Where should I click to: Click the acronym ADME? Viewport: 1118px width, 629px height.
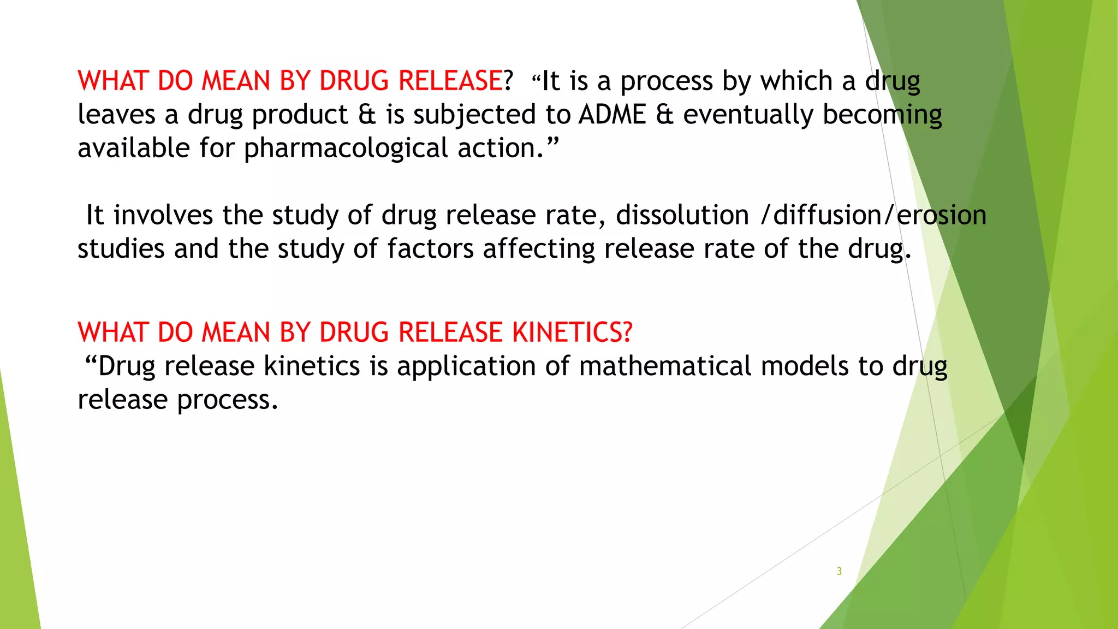[612, 115]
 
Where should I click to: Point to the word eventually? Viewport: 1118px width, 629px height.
[747, 115]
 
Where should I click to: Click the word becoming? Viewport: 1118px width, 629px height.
[882, 115]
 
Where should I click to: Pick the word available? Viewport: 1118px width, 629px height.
[133, 149]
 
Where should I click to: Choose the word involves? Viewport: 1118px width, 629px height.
[163, 215]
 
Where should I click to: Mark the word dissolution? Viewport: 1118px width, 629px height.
[682, 215]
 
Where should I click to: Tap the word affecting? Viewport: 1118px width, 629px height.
[539, 249]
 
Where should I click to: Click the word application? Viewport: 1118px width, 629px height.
[466, 366]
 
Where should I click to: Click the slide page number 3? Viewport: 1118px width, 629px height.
[839, 571]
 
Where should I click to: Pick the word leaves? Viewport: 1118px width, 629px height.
[116, 115]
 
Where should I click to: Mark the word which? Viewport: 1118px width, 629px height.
[796, 81]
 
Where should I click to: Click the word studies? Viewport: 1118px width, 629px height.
[121, 249]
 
